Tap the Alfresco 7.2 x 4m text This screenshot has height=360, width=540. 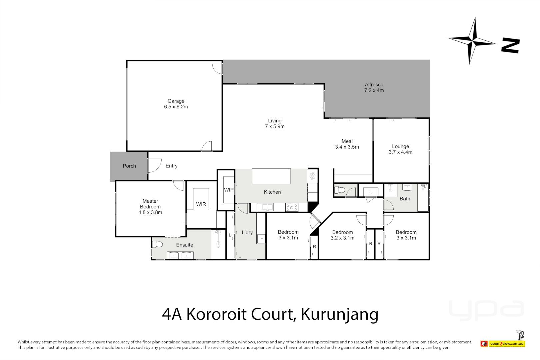tap(374, 88)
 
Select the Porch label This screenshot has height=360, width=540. tap(129, 166)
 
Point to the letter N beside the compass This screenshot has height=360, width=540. tap(510, 46)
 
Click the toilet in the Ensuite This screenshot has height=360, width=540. tap(158, 244)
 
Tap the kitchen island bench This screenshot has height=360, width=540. tap(271, 176)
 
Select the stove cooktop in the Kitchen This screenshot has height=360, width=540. tap(292, 207)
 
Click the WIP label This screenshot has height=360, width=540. tap(229, 190)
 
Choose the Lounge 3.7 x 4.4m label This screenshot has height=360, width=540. tap(400, 149)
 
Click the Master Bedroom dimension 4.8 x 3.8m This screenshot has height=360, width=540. tap(150, 212)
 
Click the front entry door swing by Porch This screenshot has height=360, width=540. tap(154, 165)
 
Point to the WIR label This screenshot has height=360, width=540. tap(201, 204)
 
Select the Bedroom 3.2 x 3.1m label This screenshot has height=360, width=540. tap(342, 235)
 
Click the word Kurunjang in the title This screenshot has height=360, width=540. tap(339, 314)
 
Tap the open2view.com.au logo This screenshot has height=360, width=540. tap(507, 343)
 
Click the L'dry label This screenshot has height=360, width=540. tap(247, 232)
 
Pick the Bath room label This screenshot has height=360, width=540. tap(405, 199)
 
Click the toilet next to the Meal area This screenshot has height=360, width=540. tap(340, 190)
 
